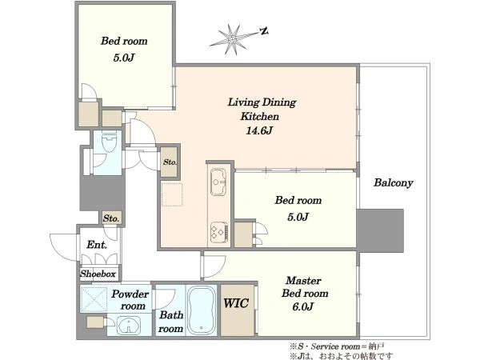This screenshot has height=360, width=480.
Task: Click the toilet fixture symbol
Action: [110, 142]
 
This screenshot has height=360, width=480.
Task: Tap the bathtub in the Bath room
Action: [201, 310]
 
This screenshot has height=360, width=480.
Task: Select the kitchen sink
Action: [218, 182]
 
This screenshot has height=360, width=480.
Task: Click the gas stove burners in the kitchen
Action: [219, 232]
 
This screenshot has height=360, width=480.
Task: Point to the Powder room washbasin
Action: [129, 325]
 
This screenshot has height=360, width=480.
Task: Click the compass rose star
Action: [234, 39]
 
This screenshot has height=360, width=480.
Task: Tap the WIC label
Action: [236, 303]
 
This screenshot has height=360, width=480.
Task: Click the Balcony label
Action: [394, 182]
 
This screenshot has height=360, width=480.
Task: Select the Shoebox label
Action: [98, 274]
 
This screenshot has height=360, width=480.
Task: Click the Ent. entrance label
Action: [97, 245]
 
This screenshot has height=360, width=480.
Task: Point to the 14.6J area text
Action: [259, 130]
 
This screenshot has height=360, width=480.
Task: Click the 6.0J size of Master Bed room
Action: [302, 306]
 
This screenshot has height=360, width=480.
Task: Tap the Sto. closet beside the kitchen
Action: [170, 162]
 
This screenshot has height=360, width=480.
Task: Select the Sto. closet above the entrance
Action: [111, 218]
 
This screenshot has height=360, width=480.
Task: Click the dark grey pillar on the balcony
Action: [380, 230]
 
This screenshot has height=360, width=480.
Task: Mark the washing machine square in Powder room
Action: [94, 299]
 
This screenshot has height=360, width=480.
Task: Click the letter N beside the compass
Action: [264, 30]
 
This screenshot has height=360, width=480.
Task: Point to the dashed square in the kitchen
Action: [172, 194]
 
